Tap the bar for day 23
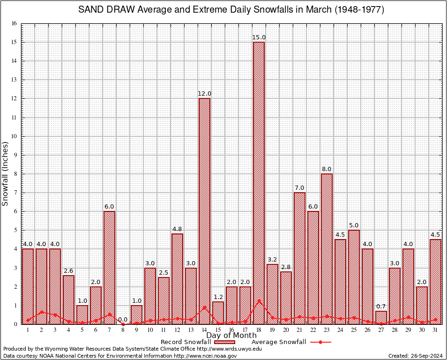point(327,248)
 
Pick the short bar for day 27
point(381,318)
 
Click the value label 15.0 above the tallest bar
point(259,37)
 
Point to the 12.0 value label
point(204,94)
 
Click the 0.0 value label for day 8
point(123,320)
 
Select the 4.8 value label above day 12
point(177,229)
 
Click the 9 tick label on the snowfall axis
point(15,155)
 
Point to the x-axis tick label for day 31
point(435,330)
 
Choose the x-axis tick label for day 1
point(28,330)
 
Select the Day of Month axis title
point(231,336)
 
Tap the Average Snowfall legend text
point(278,342)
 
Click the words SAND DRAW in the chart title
point(105,10)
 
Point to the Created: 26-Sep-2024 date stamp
point(415,356)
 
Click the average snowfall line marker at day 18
point(259,301)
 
